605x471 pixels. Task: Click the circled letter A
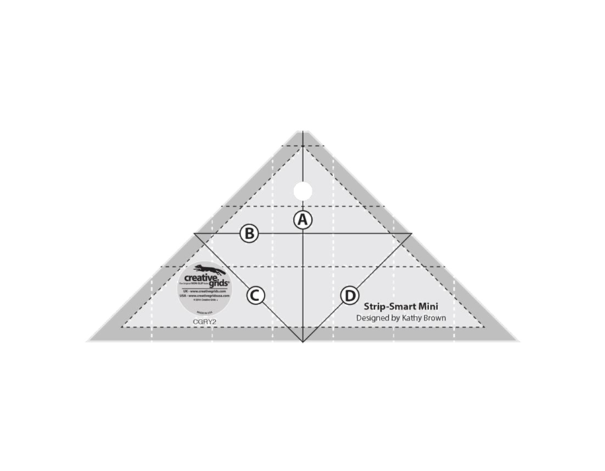(303, 219)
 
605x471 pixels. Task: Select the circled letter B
(249, 233)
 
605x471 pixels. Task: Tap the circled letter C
(256, 295)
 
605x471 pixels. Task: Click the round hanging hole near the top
(303, 186)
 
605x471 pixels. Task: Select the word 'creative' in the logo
(200, 277)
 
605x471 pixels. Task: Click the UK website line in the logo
(204, 291)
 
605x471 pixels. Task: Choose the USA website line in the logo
(204, 295)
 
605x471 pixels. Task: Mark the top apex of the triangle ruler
(303, 130)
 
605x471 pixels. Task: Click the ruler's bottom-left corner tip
(87, 341)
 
